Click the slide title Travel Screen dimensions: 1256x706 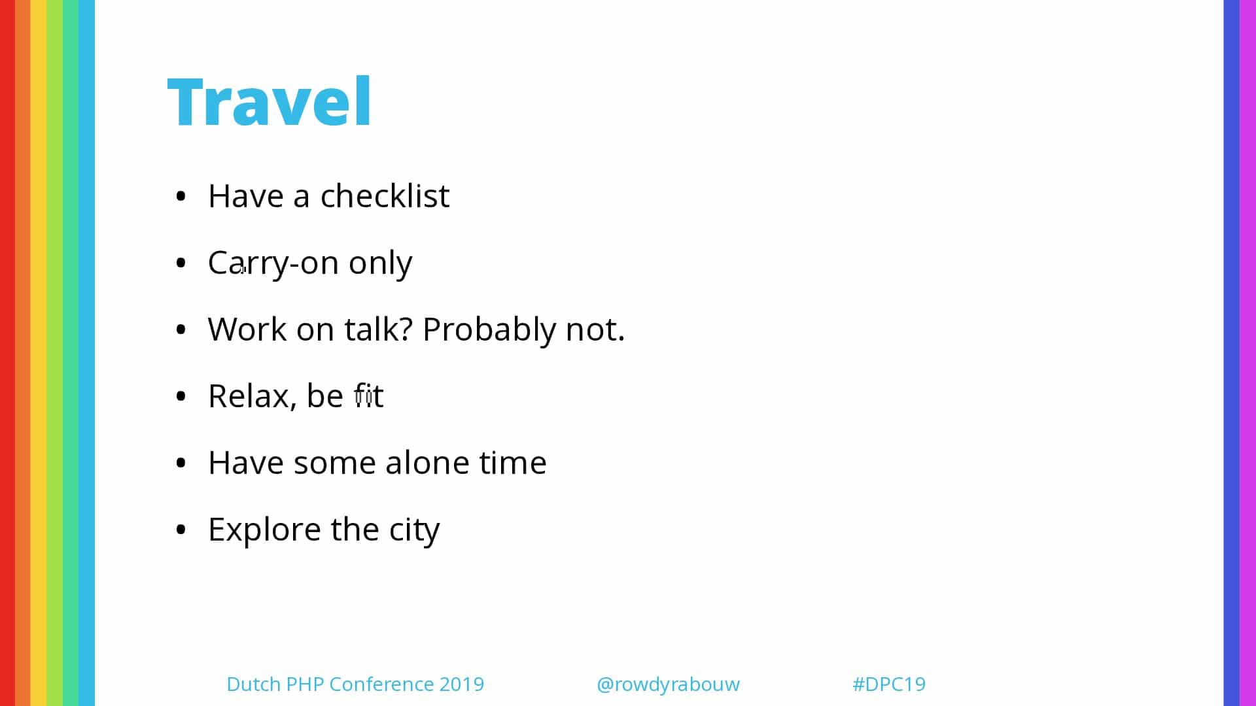(270, 101)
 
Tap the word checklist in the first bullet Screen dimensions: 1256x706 (385, 195)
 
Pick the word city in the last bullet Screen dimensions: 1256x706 (415, 530)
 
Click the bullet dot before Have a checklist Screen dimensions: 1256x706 (181, 196)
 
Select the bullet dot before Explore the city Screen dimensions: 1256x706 (181, 529)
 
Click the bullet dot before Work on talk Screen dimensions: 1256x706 (181, 329)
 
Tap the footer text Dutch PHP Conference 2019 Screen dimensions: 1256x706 (355, 684)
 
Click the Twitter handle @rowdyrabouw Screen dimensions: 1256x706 (668, 684)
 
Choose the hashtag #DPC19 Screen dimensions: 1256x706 (889, 684)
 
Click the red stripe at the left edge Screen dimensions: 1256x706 (7, 353)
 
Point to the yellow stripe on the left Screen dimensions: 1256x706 (39, 353)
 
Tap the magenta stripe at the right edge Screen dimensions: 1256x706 (1248, 353)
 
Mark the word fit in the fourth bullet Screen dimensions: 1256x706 (369, 395)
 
